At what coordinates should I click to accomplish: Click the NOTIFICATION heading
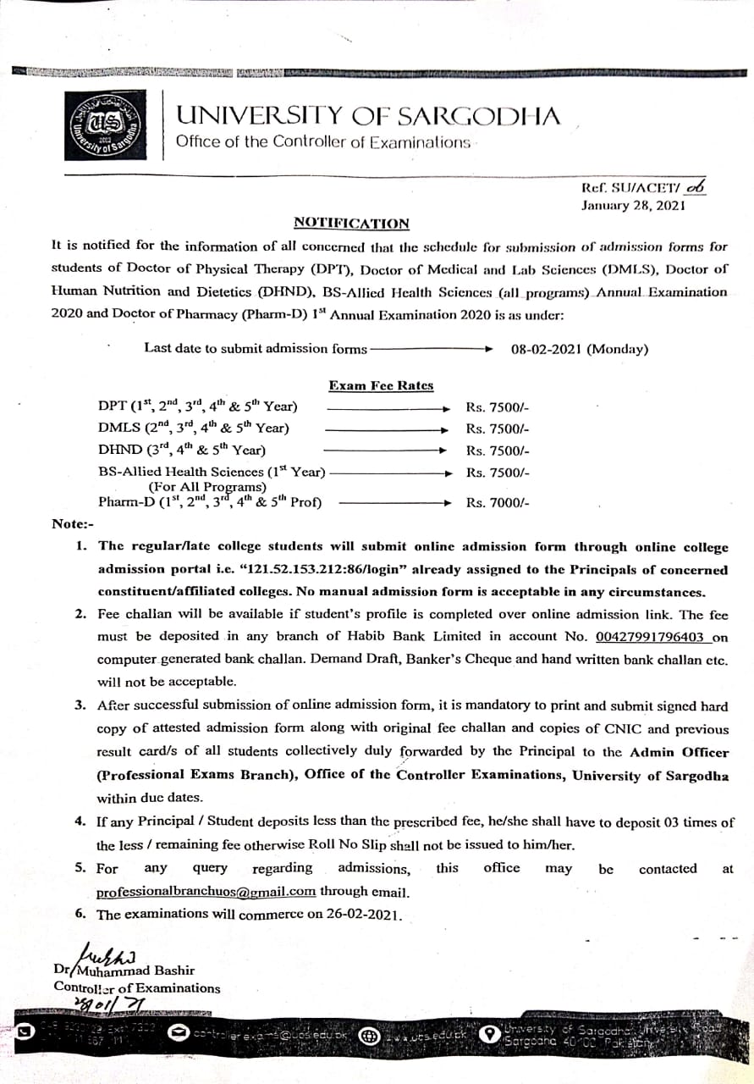coord(351,223)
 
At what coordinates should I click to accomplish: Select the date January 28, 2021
coord(632,205)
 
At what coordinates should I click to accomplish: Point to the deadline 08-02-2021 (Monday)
coord(580,348)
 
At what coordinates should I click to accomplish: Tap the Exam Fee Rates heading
coord(381,385)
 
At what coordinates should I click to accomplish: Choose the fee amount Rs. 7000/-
coord(498,503)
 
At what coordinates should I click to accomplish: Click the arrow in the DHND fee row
coord(385,451)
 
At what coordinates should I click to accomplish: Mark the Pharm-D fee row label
coord(210,501)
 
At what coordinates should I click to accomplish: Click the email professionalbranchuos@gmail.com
coord(206,891)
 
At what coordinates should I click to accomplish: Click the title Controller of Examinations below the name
coord(136,987)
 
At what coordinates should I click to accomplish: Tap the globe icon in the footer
coord(369,1035)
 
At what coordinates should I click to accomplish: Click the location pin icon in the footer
coord(487,1034)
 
